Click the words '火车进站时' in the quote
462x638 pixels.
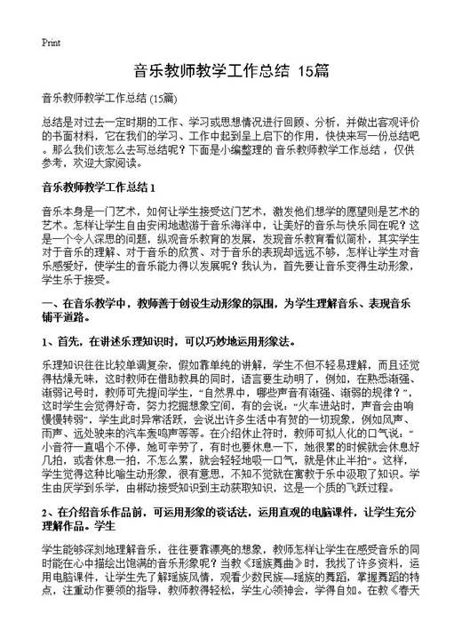pyautogui.click(x=306, y=413)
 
